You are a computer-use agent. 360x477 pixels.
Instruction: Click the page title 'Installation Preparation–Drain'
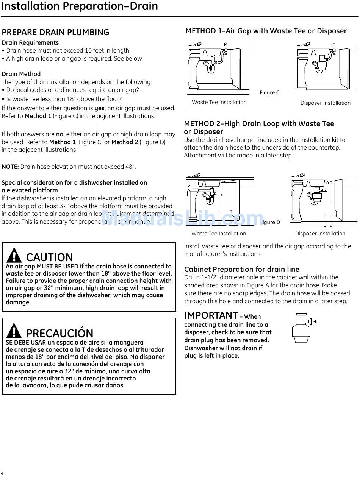pos(79,6)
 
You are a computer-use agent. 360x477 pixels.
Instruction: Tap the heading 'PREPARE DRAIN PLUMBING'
pos(55,32)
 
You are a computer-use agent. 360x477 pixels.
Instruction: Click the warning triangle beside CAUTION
pos(14,256)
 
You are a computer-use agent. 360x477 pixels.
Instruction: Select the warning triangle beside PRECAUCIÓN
pos(14,331)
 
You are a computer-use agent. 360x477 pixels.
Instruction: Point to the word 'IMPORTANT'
pos(211,315)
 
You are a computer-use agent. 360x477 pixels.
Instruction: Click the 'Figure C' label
pos(269,93)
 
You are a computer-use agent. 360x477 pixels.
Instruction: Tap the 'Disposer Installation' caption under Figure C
pos(325,103)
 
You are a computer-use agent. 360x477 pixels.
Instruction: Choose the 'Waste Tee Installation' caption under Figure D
pos(218,234)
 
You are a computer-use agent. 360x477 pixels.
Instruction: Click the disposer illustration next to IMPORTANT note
pos(301,327)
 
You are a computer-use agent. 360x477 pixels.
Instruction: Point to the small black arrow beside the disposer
pos(315,321)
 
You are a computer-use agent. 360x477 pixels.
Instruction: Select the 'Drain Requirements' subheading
pos(30,42)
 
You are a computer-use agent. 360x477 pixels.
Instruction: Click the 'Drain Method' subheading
pos(21,74)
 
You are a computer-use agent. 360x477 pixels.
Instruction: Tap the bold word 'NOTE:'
pos(10,167)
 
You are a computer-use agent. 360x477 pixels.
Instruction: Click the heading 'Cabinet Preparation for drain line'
pos(241,269)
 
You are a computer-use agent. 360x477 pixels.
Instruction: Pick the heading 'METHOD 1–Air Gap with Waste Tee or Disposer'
pos(266,31)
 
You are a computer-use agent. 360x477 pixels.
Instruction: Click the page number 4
pos(2,473)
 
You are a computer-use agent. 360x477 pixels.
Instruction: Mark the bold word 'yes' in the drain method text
pos(99,108)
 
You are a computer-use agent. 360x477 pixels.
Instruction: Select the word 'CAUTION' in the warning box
pos(49,257)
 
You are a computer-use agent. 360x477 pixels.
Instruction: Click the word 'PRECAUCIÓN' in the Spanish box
pos(59,333)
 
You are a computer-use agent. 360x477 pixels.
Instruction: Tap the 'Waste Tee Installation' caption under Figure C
pos(219,102)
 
